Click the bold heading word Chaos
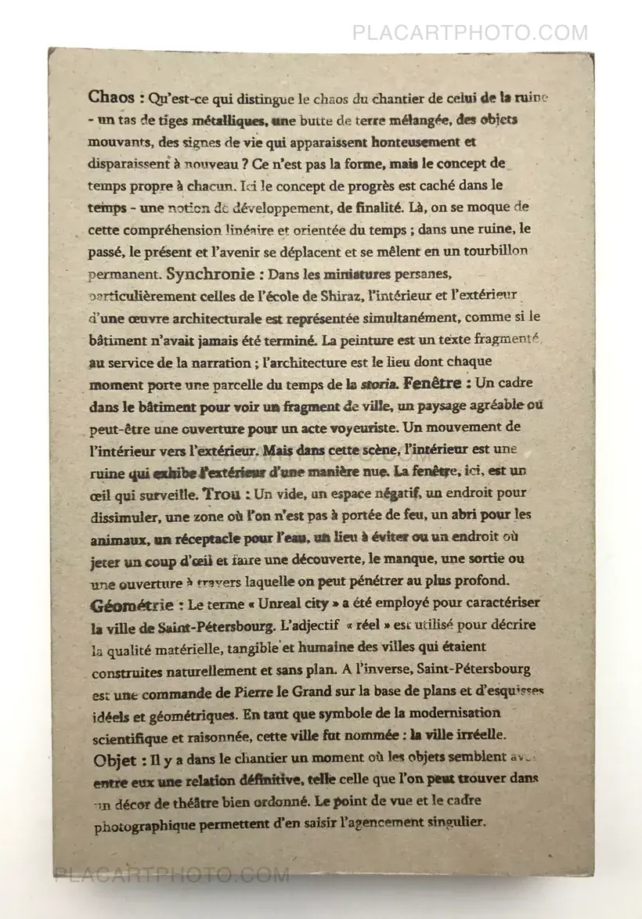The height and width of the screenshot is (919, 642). tap(112, 98)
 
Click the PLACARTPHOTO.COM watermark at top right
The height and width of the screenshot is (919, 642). tap(470, 33)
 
